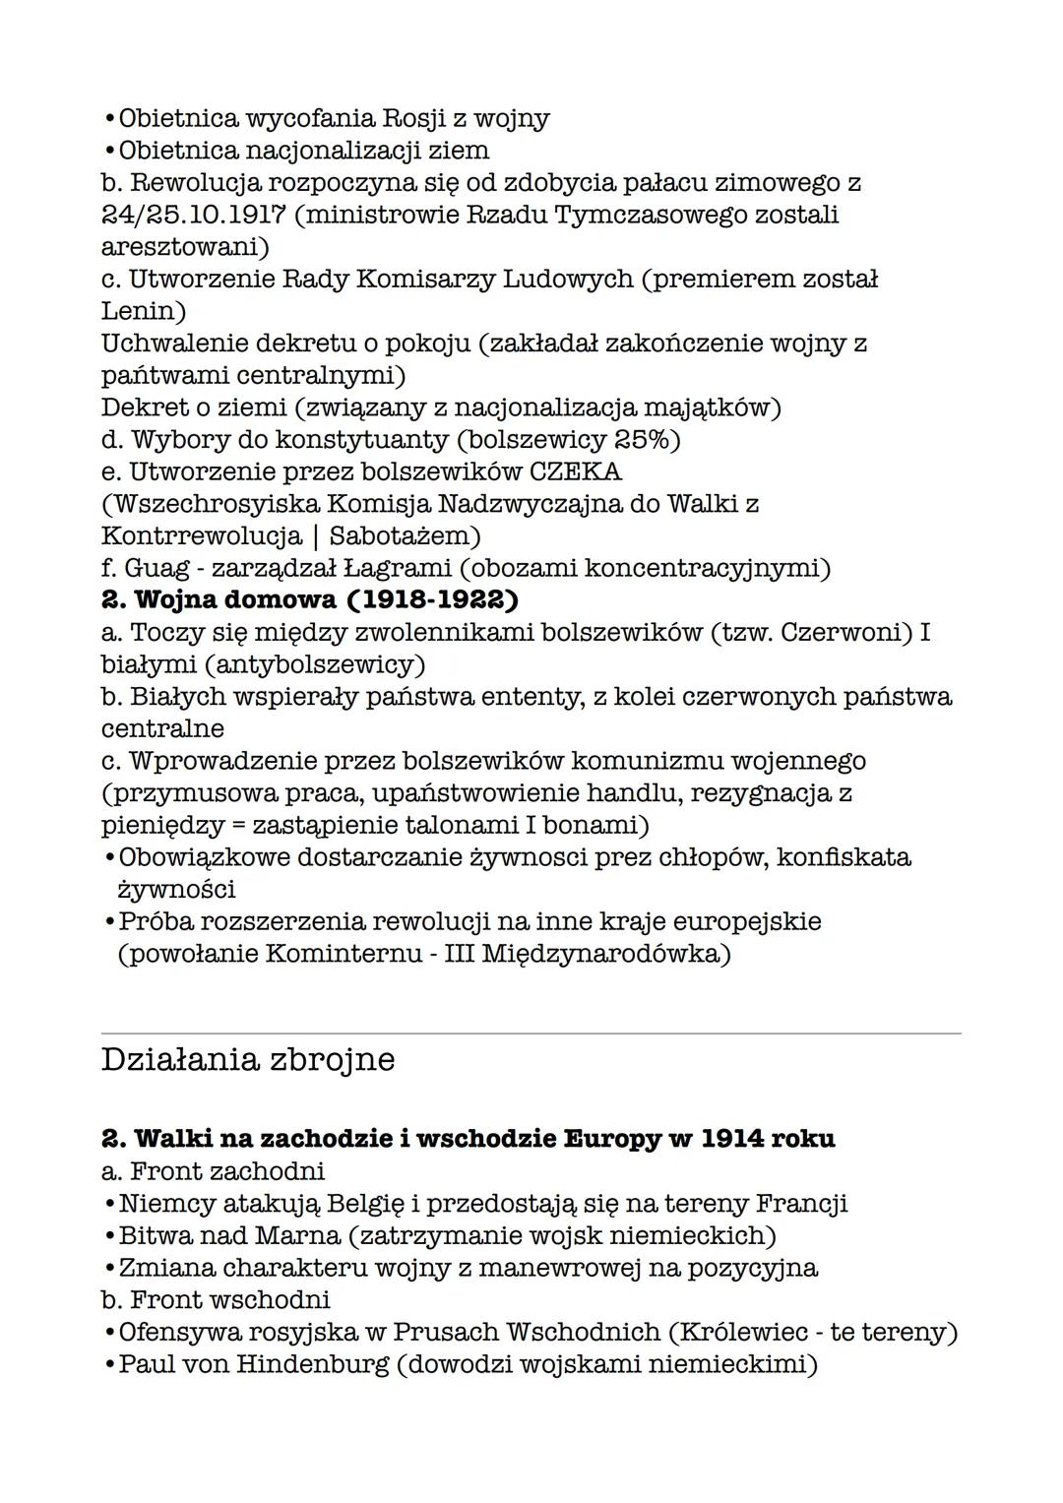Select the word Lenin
[143, 311]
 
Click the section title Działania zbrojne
[248, 1059]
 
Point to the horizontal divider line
[531, 1033]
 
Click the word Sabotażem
[404, 536]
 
